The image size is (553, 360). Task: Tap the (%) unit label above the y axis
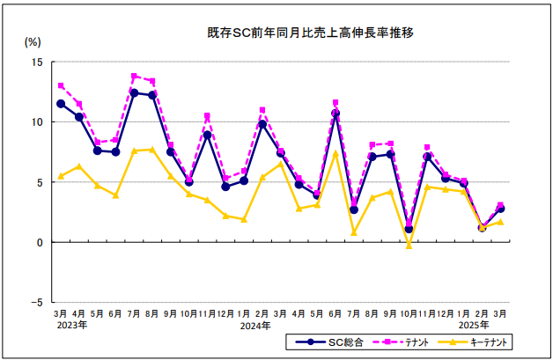click(33, 41)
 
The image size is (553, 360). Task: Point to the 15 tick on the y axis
click(38, 62)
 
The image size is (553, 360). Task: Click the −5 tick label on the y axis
click(35, 302)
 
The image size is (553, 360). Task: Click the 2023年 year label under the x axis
click(70, 326)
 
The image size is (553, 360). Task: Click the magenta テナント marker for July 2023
click(134, 77)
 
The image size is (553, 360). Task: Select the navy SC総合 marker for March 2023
click(61, 104)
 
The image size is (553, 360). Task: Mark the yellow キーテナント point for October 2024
click(409, 246)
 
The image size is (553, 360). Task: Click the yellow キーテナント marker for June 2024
click(335, 153)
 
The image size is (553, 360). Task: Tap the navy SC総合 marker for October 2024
click(409, 229)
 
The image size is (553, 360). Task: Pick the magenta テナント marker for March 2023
click(61, 85)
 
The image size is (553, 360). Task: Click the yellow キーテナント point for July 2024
click(354, 232)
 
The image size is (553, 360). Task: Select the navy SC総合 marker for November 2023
click(207, 135)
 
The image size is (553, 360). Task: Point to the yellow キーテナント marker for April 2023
click(79, 166)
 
